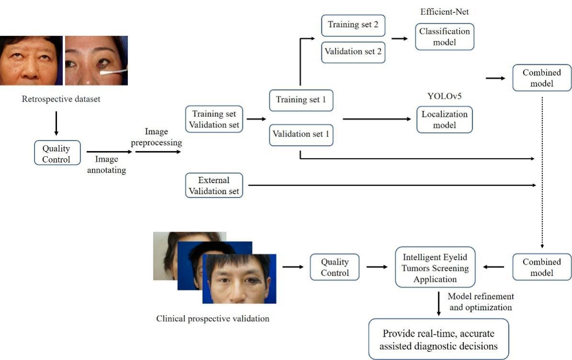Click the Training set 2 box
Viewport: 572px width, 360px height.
(353, 25)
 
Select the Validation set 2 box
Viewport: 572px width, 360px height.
(353, 52)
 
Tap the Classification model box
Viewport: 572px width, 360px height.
(444, 36)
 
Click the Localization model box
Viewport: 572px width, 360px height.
(444, 119)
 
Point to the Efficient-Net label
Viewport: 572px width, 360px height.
(444, 12)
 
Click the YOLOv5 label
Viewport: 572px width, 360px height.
(444, 96)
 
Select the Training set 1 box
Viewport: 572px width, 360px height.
(301, 100)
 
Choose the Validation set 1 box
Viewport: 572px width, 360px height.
(301, 135)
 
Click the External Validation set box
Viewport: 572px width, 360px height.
(214, 186)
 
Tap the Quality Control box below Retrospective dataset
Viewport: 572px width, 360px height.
(57, 152)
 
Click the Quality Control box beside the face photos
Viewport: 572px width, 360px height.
(334, 267)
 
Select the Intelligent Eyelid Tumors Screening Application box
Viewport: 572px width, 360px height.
(435, 267)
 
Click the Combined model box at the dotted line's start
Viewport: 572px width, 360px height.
(542, 78)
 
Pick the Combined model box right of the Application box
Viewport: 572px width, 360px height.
(542, 267)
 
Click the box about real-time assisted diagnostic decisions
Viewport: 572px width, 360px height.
(438, 339)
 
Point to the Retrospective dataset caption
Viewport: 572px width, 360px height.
(61, 99)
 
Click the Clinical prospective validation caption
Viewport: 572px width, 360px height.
(213, 319)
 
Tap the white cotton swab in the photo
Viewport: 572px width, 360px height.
(114, 72)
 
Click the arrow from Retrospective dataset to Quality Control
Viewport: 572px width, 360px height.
(56, 123)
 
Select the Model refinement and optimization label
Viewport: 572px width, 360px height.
(480, 302)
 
